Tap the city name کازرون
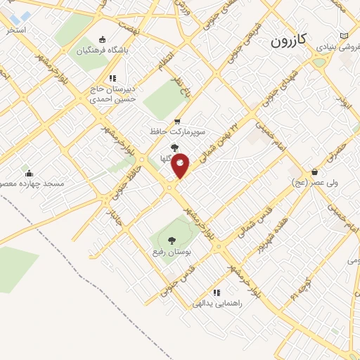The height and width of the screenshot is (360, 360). (x=288, y=41)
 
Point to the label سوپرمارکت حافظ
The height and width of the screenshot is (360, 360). (x=177, y=131)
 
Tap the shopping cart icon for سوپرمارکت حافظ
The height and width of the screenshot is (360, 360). (x=177, y=120)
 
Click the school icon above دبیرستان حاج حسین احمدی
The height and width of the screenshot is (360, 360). (x=112, y=78)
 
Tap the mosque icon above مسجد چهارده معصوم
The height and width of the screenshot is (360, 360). (x=27, y=171)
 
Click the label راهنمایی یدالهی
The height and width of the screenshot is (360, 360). (x=217, y=304)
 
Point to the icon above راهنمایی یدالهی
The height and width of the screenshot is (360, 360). (x=217, y=292)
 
